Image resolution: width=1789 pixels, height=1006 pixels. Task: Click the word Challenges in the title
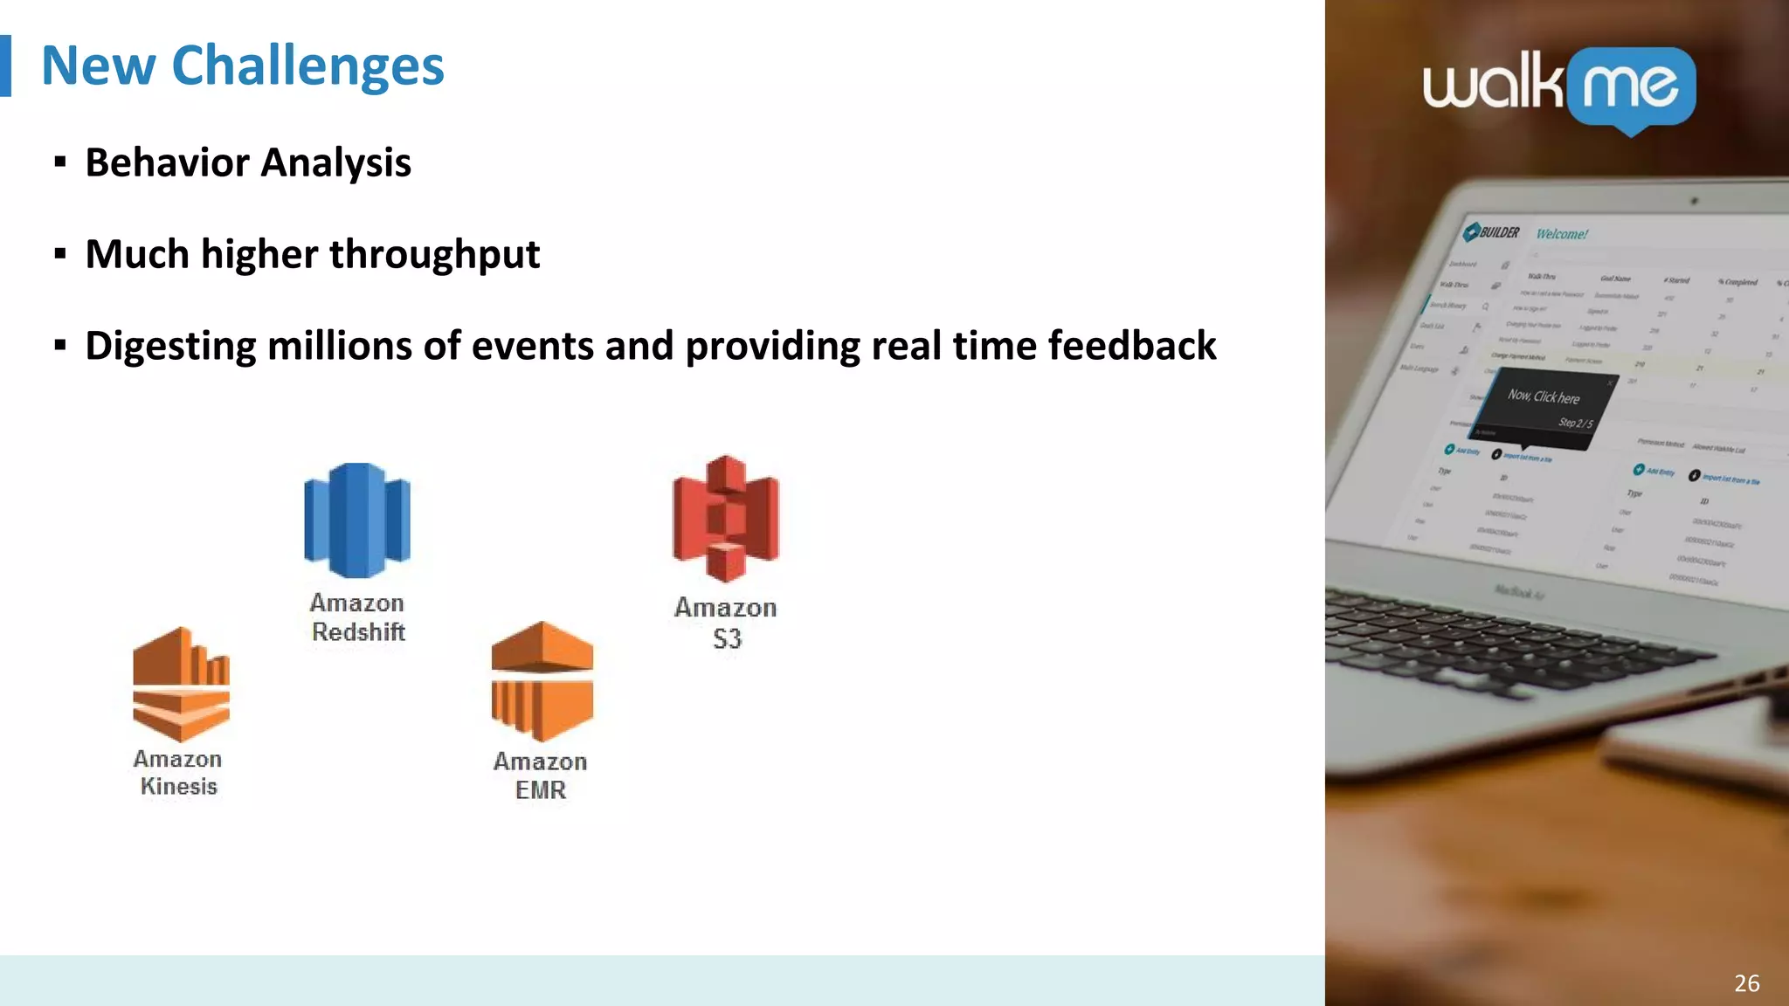307,66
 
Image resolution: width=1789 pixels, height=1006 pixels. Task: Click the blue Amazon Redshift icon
356,520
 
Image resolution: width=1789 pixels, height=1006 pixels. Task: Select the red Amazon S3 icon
725,518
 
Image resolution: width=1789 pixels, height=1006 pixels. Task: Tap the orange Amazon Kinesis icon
181,684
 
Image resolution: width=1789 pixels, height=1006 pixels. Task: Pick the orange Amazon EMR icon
542,681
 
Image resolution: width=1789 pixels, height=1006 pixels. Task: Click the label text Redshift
358,632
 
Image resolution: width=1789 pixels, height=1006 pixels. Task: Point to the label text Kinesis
178,787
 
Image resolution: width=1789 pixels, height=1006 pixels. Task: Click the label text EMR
541,790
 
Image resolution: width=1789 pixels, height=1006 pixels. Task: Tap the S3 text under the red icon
727,639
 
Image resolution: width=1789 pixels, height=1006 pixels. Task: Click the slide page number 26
1746,983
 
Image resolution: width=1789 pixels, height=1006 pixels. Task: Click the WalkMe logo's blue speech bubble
1631,88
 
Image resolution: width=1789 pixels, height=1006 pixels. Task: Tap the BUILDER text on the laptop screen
1498,232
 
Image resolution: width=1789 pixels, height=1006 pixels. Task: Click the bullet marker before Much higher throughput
59,254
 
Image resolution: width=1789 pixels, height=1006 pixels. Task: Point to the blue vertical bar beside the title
5,65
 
